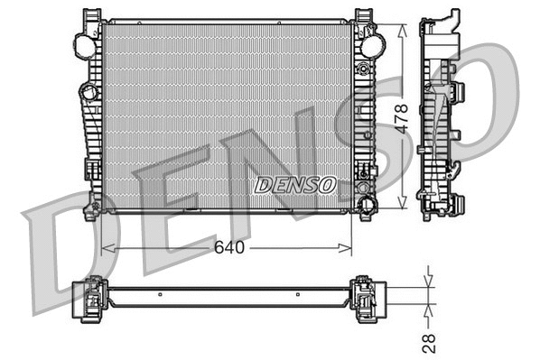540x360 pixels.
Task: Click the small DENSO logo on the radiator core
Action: [x=294, y=185]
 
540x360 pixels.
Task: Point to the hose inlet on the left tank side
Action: [x=88, y=91]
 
